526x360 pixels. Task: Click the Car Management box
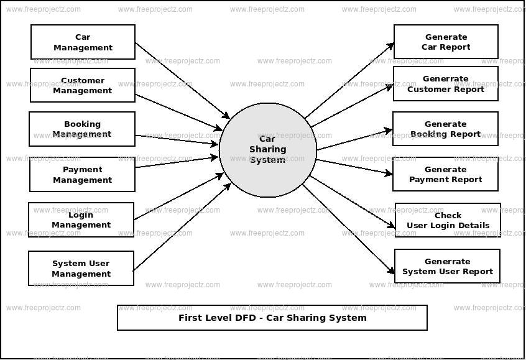click(x=83, y=42)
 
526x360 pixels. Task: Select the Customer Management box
click(x=83, y=86)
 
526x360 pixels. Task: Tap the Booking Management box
click(x=82, y=129)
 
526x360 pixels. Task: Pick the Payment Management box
click(x=82, y=175)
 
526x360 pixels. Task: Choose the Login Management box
click(x=81, y=220)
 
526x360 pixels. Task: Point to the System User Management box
click(x=81, y=269)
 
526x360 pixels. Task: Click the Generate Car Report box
click(x=446, y=42)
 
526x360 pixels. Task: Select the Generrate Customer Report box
click(x=446, y=84)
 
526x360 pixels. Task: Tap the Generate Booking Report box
click(x=445, y=129)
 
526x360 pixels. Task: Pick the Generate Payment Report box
click(x=445, y=174)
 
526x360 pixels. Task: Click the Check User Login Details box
click(x=448, y=220)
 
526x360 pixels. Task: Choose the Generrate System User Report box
click(x=447, y=266)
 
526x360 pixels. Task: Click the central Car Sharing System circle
click(x=268, y=149)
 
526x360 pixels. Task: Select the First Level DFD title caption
click(x=272, y=318)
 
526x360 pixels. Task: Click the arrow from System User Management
click(x=180, y=228)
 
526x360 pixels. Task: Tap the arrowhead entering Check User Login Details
click(x=391, y=227)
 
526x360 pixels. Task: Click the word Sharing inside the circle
click(x=268, y=149)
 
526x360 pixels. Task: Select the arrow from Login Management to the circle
click(x=177, y=197)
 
